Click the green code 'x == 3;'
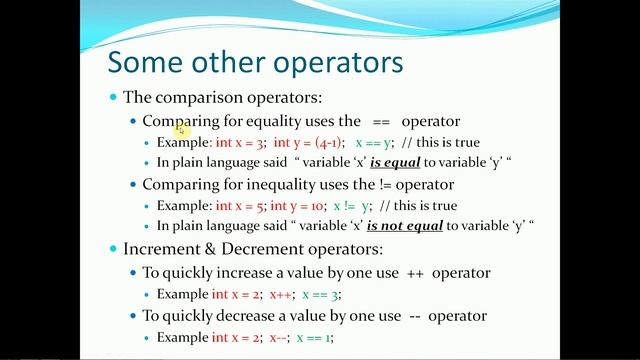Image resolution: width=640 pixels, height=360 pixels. click(x=321, y=294)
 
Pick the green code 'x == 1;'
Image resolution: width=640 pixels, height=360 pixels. click(x=314, y=338)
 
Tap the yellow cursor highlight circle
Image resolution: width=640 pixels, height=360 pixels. click(x=182, y=127)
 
